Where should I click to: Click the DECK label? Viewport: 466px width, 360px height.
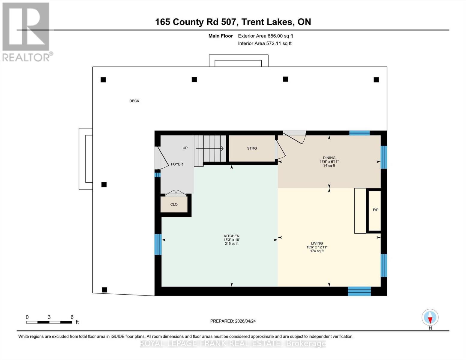[x=134, y=101]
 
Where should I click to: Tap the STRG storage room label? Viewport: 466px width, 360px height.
[x=252, y=148]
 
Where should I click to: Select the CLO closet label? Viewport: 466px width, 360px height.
[x=174, y=205]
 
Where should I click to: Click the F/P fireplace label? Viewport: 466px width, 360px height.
[x=375, y=210]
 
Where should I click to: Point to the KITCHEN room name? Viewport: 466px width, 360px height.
[x=231, y=236]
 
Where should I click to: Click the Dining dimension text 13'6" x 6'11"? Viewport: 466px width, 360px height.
[x=329, y=162]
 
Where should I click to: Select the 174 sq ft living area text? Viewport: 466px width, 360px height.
[x=317, y=251]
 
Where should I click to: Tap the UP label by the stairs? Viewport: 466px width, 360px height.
[x=185, y=148]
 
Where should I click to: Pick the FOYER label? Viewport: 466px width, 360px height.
[x=177, y=164]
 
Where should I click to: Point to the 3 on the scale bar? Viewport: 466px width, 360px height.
[x=49, y=317]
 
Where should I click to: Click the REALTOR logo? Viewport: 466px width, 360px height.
[x=26, y=31]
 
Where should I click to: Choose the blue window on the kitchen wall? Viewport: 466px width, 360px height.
[x=158, y=244]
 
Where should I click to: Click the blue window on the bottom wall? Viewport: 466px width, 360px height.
[x=359, y=291]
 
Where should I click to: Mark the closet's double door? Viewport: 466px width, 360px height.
[x=176, y=193]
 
